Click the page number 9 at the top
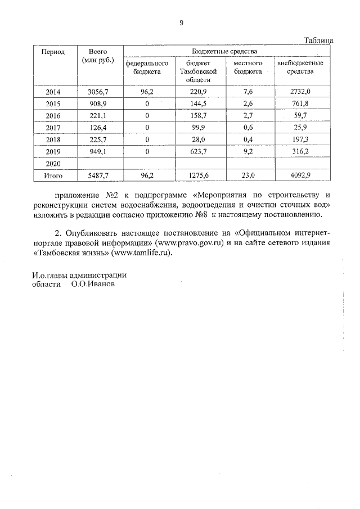click(181, 23)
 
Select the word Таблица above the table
click(318, 40)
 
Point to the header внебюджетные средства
click(300, 67)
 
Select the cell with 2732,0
click(300, 92)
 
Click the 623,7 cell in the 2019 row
click(201, 151)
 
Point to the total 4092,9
click(300, 175)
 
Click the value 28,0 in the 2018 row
click(201, 139)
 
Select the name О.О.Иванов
click(92, 285)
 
